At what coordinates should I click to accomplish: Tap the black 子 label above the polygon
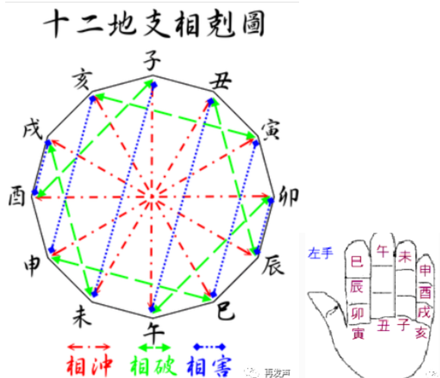point(152,60)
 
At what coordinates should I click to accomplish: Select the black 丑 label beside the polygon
point(220,81)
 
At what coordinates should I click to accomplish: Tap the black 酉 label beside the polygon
point(17,197)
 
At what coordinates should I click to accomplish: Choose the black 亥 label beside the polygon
point(81,80)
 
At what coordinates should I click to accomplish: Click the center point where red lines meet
point(151,197)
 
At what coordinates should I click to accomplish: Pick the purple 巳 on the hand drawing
point(357,262)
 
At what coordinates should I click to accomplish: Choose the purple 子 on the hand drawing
point(403,324)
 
